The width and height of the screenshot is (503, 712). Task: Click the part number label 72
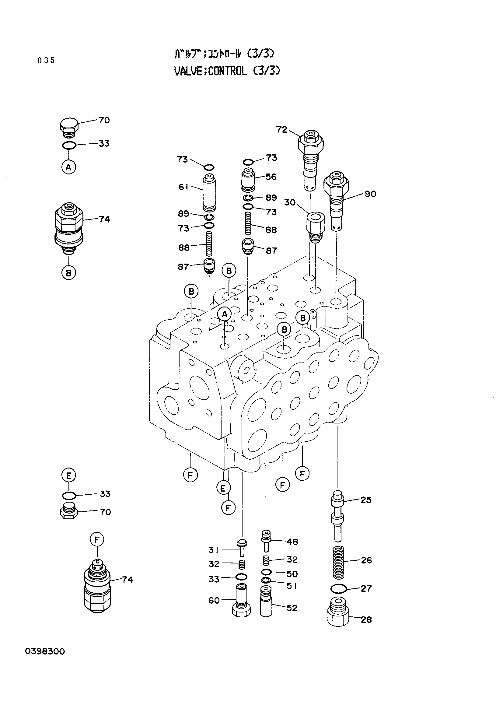click(282, 129)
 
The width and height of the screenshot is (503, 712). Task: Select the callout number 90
click(370, 194)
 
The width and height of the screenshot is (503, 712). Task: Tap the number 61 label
click(183, 187)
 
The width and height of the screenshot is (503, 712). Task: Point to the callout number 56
click(271, 177)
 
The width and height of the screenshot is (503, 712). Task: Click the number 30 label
click(290, 202)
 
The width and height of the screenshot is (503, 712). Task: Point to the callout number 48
click(292, 542)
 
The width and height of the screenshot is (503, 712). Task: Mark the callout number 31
click(214, 550)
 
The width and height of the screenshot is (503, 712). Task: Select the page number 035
click(46, 60)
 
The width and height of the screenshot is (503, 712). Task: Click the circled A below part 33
click(69, 167)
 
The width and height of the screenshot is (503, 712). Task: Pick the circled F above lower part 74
click(97, 540)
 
